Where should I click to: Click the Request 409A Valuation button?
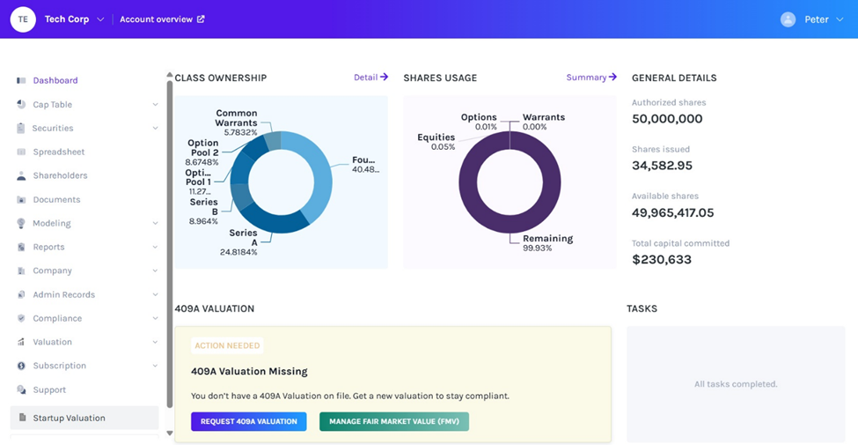pyautogui.click(x=248, y=421)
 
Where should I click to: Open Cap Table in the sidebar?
pyautogui.click(x=52, y=105)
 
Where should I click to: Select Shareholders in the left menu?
pyautogui.click(x=60, y=175)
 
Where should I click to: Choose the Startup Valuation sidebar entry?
pyautogui.click(x=69, y=418)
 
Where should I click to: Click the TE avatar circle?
pyautogui.click(x=23, y=19)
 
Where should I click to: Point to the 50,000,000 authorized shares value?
pyautogui.click(x=667, y=119)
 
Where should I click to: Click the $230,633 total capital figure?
pyautogui.click(x=662, y=260)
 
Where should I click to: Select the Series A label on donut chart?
pyautogui.click(x=243, y=238)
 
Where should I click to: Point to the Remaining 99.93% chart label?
pyautogui.click(x=547, y=243)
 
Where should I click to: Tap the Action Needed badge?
pyautogui.click(x=227, y=346)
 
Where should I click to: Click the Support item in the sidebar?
pyautogui.click(x=49, y=389)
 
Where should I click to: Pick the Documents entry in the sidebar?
pyautogui.click(x=56, y=199)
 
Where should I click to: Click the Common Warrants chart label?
pyautogui.click(x=236, y=118)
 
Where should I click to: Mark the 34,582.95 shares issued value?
pyautogui.click(x=662, y=166)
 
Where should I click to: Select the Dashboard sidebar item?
pyautogui.click(x=55, y=81)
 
